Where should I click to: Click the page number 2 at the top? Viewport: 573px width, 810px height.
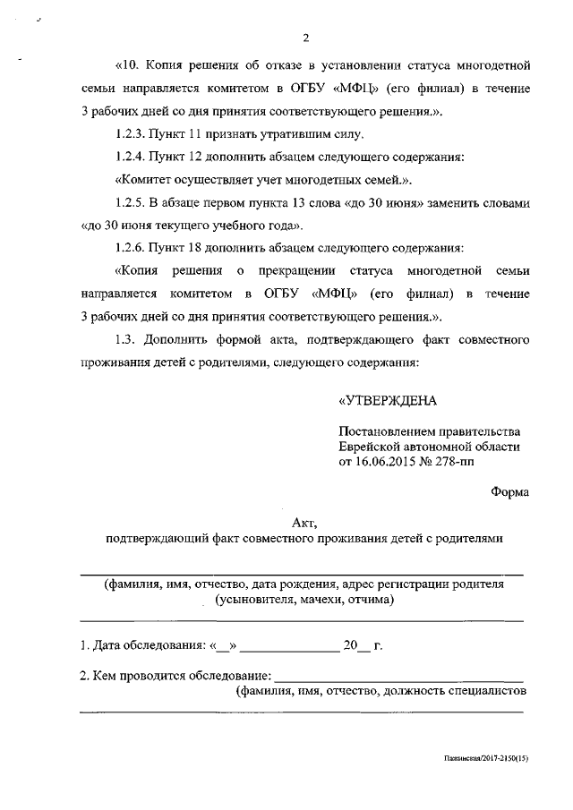[x=306, y=37]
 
